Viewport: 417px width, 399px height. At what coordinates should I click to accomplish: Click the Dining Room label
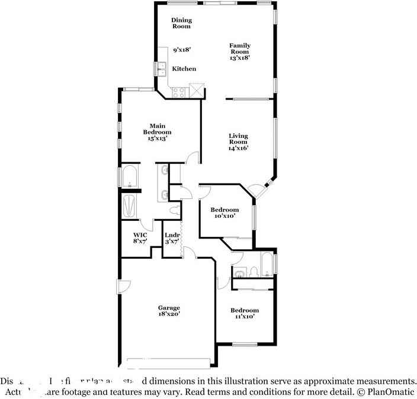(182, 23)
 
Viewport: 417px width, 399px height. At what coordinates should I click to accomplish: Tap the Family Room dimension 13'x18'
(240, 58)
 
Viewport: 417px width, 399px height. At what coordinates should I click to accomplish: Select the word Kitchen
(184, 69)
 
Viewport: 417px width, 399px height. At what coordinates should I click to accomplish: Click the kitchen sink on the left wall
(161, 69)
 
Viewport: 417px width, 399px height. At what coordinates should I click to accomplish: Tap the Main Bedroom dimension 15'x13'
(157, 138)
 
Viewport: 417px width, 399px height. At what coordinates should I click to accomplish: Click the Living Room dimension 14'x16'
(238, 148)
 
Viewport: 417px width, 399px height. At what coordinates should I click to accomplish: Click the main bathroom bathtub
(129, 176)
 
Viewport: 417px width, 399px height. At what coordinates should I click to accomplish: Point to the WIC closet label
(140, 234)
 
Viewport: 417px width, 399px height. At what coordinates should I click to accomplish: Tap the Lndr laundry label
(172, 234)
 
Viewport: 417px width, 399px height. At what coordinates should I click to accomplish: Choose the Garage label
(168, 308)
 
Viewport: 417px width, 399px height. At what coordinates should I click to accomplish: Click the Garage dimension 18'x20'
(168, 315)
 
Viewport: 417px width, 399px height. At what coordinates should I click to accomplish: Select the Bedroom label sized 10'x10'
(225, 210)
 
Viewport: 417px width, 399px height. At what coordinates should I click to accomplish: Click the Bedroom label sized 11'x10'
(244, 310)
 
